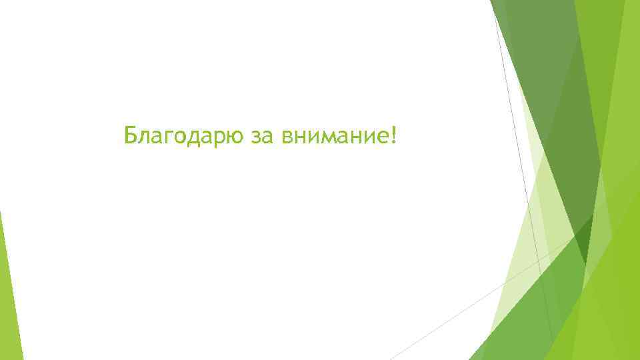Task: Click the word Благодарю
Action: click(185, 137)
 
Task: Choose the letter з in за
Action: click(258, 137)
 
